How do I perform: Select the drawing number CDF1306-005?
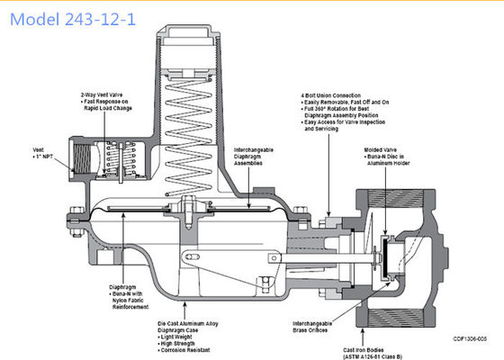pyautogui.click(x=472, y=337)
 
